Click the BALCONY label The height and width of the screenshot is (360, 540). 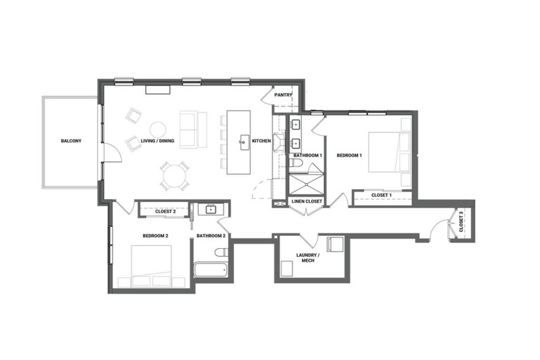[71, 141]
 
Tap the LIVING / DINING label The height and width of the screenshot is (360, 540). [157, 141]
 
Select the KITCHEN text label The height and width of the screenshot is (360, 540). [261, 141]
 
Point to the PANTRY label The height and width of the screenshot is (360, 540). [283, 95]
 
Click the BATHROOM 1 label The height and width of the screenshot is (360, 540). [308, 156]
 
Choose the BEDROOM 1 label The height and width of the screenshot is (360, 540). [350, 156]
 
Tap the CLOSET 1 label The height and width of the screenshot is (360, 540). [381, 195]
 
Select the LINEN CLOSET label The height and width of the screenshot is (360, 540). [307, 202]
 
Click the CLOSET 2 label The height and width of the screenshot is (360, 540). [166, 211]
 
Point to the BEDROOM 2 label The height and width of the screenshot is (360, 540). [154, 236]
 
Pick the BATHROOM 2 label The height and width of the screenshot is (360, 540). [211, 236]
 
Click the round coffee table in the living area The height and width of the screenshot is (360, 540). [157, 129]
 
